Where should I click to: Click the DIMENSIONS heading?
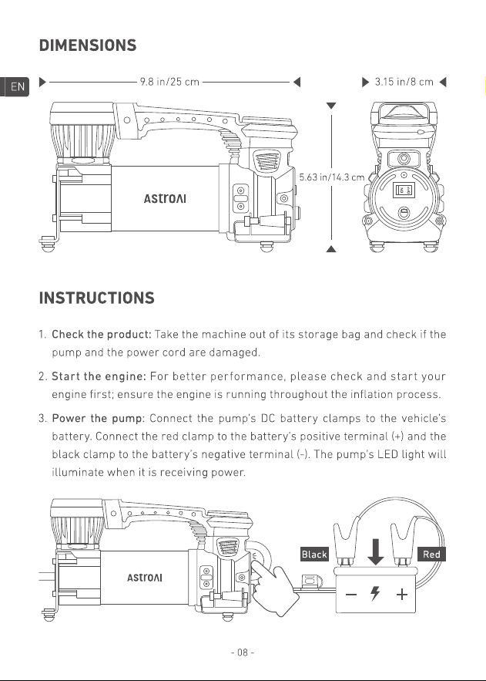tap(88, 46)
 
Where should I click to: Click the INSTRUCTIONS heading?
tap(97, 298)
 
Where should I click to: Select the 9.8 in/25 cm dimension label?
tap(169, 82)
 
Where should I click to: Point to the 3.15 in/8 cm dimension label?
tap(404, 82)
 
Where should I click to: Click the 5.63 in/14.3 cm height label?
tap(332, 177)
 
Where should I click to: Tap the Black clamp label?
tap(314, 555)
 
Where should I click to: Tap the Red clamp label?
tap(431, 555)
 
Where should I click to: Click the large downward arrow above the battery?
tap(375, 552)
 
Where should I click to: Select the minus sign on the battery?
tap(351, 594)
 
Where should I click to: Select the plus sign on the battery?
tap(402, 594)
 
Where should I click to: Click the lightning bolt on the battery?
tap(375, 594)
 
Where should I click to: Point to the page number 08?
tap(243, 652)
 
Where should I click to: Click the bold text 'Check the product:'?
tap(102, 335)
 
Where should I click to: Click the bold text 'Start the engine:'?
tap(99, 376)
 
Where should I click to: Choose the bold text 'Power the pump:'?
tap(98, 418)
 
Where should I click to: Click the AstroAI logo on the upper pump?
tap(165, 198)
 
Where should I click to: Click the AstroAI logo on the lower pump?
tap(145, 578)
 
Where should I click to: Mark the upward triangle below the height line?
tap(331, 248)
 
